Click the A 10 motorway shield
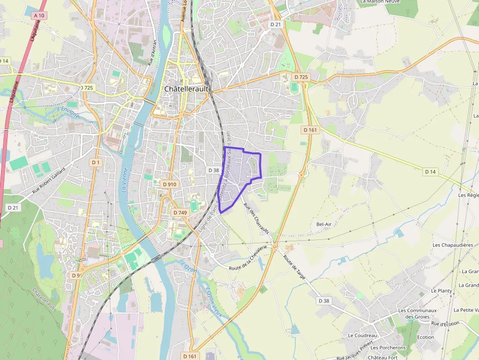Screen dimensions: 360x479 coord(40,16)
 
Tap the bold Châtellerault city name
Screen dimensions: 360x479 coord(186,89)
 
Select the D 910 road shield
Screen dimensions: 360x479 coord(169,184)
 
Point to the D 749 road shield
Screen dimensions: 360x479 coord(180,212)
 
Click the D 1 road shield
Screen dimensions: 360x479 coord(95,162)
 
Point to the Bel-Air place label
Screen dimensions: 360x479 coord(324,224)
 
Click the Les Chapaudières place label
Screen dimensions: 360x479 coord(453,245)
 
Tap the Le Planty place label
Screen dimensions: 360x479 coord(441,290)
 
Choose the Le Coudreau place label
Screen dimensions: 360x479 coord(363,336)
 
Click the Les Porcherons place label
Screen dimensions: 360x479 coord(388,348)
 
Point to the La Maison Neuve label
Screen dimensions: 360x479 coord(379,2)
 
